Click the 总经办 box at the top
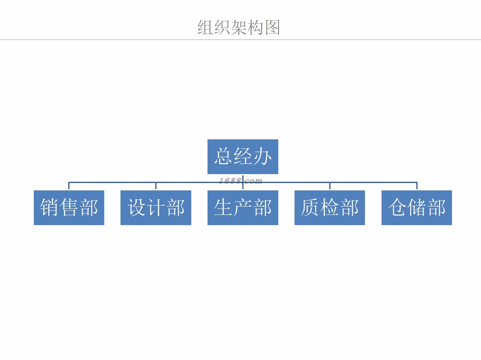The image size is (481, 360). pos(243,157)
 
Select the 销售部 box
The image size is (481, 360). pos(69,208)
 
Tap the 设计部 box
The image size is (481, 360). pos(156,208)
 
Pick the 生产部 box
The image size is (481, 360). pos(243,208)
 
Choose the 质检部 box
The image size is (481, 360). pos(330,208)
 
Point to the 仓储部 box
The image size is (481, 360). pos(417,208)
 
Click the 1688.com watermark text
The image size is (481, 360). pos(241,181)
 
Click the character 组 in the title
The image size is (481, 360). pos(206,27)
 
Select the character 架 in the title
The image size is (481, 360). pos(239,27)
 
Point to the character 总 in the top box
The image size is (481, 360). pos(223,157)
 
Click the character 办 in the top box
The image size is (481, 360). pos(262,157)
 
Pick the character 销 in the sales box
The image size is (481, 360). pos(50,208)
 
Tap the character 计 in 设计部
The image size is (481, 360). pos(156,208)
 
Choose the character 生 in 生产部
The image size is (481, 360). pos(223,208)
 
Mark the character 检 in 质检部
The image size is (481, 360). pos(330,208)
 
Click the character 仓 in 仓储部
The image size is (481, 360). pos(397,208)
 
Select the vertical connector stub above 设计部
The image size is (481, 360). pos(156,186)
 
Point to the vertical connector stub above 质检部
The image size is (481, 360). pos(330,186)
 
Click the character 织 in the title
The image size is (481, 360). pos(222,27)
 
